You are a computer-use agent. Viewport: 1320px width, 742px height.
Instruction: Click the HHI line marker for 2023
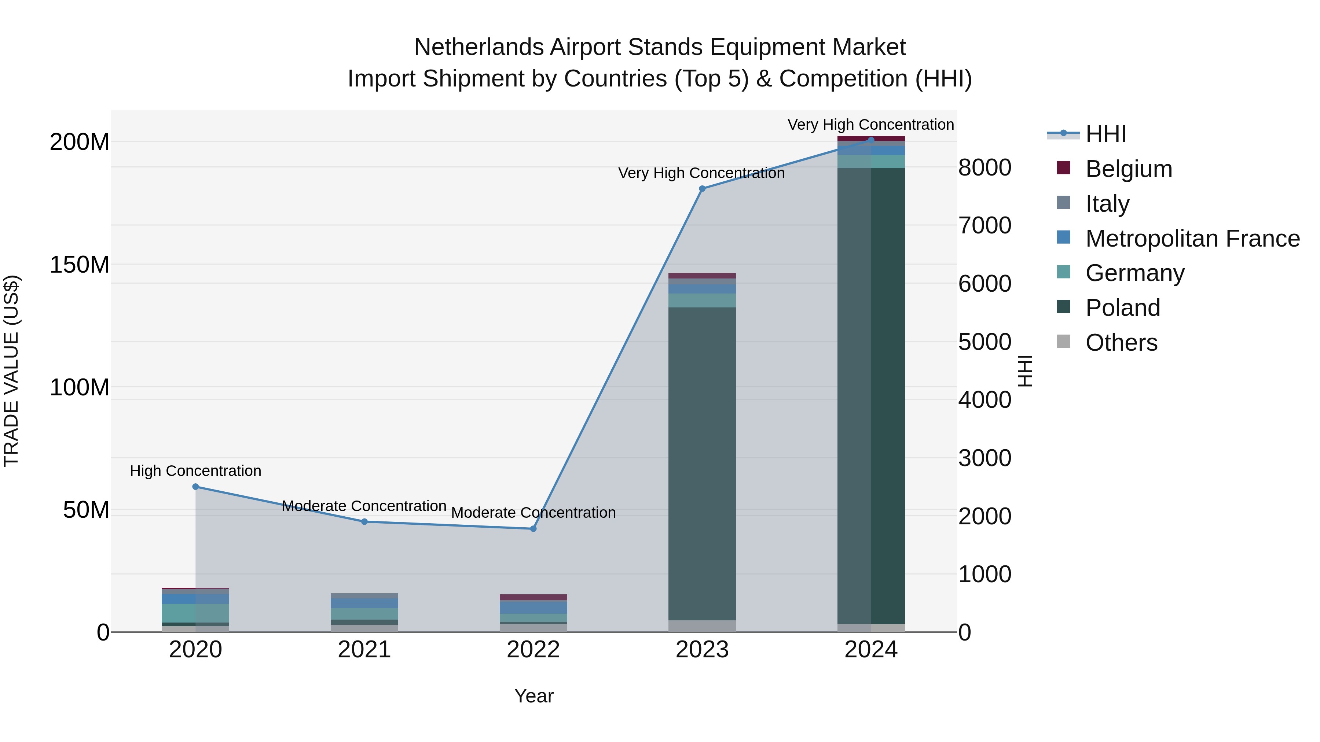click(702, 188)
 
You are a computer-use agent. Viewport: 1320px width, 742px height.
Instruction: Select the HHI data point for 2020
click(195, 487)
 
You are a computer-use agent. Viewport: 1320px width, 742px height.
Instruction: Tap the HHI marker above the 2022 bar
click(533, 528)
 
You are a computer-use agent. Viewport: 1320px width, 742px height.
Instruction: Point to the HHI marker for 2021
click(364, 521)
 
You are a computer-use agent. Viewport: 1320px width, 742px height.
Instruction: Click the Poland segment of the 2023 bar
click(702, 461)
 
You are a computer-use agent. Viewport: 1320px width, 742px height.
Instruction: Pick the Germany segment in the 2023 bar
click(702, 300)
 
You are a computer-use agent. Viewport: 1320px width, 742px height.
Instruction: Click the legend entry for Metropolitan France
click(1192, 239)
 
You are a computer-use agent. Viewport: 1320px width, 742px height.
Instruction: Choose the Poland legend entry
click(1122, 308)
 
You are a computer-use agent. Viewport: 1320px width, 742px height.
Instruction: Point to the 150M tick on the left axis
click(80, 265)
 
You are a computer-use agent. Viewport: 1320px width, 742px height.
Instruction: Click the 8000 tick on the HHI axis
click(984, 167)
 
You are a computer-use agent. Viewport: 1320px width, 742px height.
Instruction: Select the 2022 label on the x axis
click(533, 650)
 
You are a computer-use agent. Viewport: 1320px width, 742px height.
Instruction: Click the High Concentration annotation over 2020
click(195, 470)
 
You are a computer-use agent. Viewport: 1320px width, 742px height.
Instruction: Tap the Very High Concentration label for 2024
click(870, 125)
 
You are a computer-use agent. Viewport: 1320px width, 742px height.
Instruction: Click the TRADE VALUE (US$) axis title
click(11, 371)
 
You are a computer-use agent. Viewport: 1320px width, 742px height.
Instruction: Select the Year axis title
click(533, 696)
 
